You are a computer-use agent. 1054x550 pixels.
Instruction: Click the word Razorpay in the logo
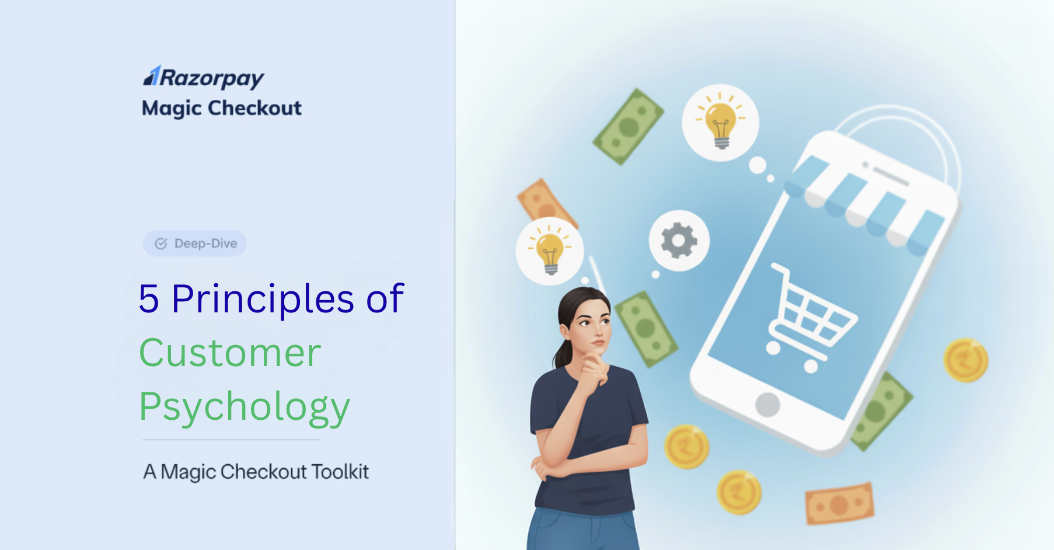212,78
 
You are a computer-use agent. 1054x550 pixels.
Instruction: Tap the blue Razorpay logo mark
152,76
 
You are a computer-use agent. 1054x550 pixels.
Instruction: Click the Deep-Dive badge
195,243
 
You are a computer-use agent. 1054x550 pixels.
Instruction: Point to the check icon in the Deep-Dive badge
161,243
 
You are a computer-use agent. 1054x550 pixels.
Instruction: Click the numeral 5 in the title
149,299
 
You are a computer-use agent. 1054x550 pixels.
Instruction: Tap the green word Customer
230,353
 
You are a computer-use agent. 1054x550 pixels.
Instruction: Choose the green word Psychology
245,408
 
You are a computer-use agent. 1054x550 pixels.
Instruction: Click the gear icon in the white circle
679,241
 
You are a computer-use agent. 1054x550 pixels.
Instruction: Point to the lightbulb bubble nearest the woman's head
550,251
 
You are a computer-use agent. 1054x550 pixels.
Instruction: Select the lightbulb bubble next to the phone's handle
720,123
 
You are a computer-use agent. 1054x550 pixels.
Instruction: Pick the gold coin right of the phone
966,360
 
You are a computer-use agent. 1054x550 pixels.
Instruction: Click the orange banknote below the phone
840,503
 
